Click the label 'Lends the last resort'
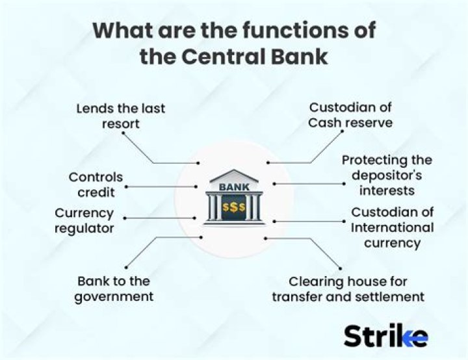pos(121,116)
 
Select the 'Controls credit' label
pos(96,185)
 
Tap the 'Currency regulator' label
pos(84,220)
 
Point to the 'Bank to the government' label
pos(114,289)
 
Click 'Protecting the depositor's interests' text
pos(387,175)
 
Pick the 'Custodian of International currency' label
pos(392,227)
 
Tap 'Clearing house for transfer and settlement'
pos(348,289)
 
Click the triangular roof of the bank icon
pos(233,176)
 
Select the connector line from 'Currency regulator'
pos(159,218)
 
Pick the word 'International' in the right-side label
pos(392,227)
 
